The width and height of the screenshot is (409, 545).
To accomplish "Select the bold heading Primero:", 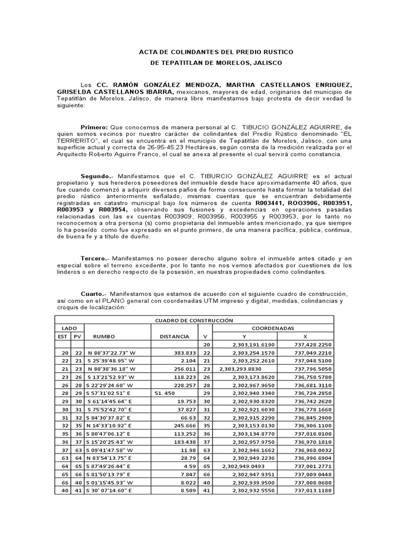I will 94,128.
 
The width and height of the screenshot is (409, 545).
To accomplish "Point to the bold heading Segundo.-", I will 97,176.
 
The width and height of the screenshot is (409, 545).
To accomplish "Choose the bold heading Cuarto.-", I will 94,294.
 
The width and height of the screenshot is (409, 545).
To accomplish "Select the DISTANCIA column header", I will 174,337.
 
